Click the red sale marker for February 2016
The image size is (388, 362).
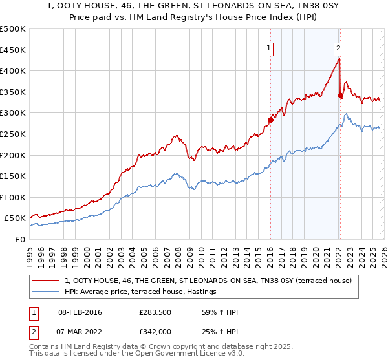(x=270, y=119)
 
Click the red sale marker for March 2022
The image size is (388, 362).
(x=340, y=95)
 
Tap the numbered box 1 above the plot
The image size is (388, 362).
(x=268, y=47)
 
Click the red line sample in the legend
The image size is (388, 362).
(x=47, y=281)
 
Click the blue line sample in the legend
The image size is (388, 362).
(x=47, y=292)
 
